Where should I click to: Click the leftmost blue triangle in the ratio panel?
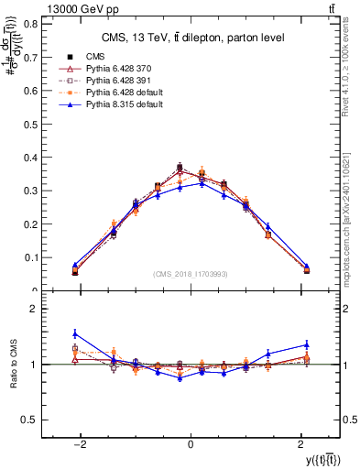click(75, 333)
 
